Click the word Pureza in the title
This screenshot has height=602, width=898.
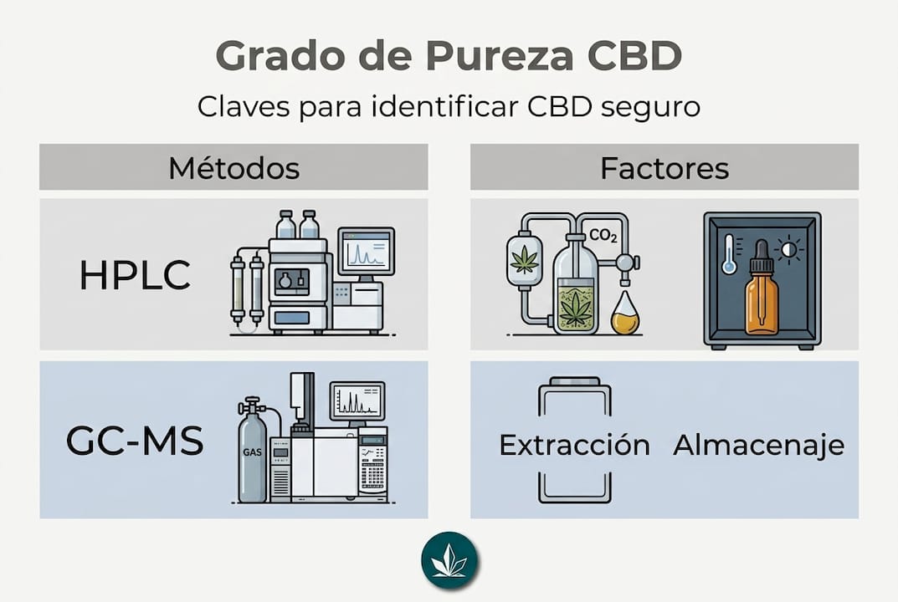(x=499, y=55)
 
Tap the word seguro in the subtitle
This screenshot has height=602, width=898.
(x=650, y=106)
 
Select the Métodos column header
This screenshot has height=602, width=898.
(x=233, y=168)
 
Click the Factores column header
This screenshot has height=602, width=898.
(x=665, y=168)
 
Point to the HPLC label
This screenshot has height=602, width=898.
(x=135, y=275)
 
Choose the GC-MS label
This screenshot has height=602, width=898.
(x=135, y=441)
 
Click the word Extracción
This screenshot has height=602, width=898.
(x=574, y=445)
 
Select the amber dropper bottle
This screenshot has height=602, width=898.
(x=762, y=289)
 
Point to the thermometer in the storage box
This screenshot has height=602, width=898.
(x=729, y=254)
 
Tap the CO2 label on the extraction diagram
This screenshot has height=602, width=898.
(x=603, y=235)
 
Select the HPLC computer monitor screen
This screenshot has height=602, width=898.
(x=366, y=251)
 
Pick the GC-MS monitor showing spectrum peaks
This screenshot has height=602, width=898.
(x=357, y=400)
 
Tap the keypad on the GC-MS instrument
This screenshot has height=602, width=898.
(x=372, y=474)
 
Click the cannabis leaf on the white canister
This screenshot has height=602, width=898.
(x=524, y=259)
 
